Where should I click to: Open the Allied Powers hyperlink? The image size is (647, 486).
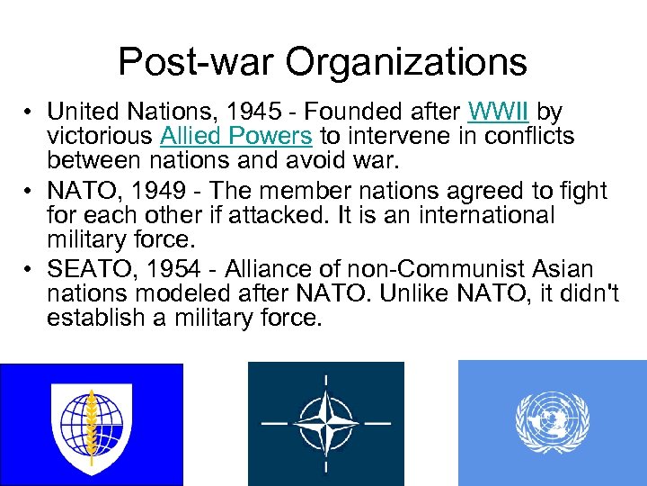click(235, 136)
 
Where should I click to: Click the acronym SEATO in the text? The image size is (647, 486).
click(88, 269)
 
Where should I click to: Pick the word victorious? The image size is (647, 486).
click(100, 136)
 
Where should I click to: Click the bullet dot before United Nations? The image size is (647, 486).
click(30, 112)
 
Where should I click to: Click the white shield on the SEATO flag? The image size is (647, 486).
click(91, 422)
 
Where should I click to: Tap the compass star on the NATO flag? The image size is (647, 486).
click(326, 422)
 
